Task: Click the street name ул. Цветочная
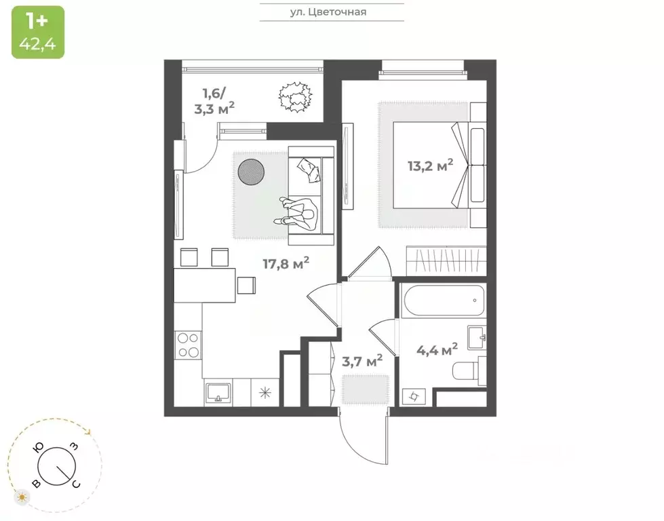332,12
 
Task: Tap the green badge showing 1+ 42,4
38,32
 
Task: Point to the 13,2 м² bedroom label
430,165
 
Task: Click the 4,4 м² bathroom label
435,349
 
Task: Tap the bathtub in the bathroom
441,301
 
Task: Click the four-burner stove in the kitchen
187,345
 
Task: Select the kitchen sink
218,392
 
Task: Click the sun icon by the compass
23,497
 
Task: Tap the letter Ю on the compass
40,447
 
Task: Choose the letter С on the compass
76,483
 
